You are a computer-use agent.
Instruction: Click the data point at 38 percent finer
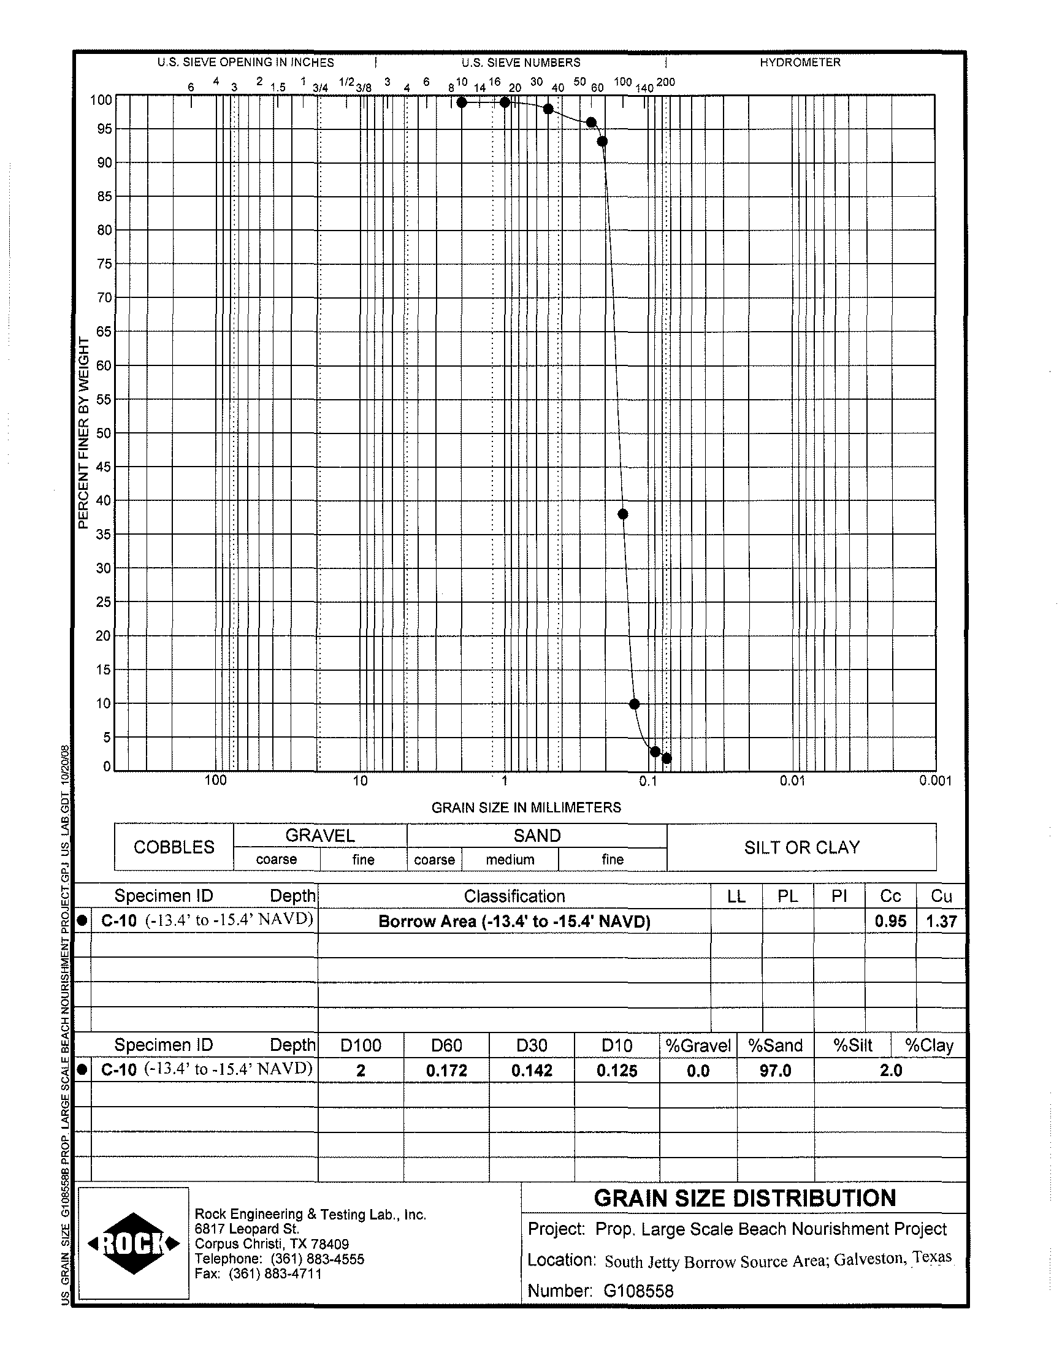[623, 514]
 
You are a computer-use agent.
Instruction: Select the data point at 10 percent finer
[634, 704]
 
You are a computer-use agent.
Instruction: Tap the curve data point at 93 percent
[602, 142]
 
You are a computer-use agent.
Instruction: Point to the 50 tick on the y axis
[103, 433]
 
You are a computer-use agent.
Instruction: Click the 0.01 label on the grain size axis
[792, 781]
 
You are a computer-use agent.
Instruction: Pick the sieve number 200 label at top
[665, 82]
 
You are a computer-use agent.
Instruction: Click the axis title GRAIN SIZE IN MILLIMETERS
[526, 807]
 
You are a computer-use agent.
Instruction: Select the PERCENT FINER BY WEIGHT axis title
[84, 433]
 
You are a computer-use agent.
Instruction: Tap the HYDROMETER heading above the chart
[800, 63]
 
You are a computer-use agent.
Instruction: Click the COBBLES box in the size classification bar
[174, 847]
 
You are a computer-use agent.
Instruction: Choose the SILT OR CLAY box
[801, 847]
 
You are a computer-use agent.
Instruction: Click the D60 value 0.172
[446, 1071]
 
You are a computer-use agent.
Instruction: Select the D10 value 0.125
[617, 1071]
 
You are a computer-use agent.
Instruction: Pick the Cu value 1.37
[941, 921]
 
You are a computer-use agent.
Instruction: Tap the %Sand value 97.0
[776, 1071]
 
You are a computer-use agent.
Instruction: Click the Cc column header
[890, 896]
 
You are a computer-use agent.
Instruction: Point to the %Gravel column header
[698, 1045]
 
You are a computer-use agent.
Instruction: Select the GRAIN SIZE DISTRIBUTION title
[744, 1198]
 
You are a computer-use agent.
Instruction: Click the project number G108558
[638, 1291]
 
